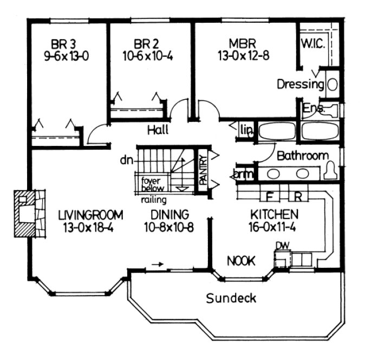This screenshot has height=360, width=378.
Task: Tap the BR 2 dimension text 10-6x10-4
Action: click(x=145, y=55)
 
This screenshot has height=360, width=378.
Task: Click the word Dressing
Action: click(x=301, y=84)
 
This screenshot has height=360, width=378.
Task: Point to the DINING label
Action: click(x=170, y=214)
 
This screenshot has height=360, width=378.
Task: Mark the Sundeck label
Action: click(x=231, y=298)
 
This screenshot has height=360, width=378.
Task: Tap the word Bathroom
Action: click(x=302, y=156)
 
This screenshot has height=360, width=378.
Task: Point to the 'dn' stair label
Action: click(x=127, y=160)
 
